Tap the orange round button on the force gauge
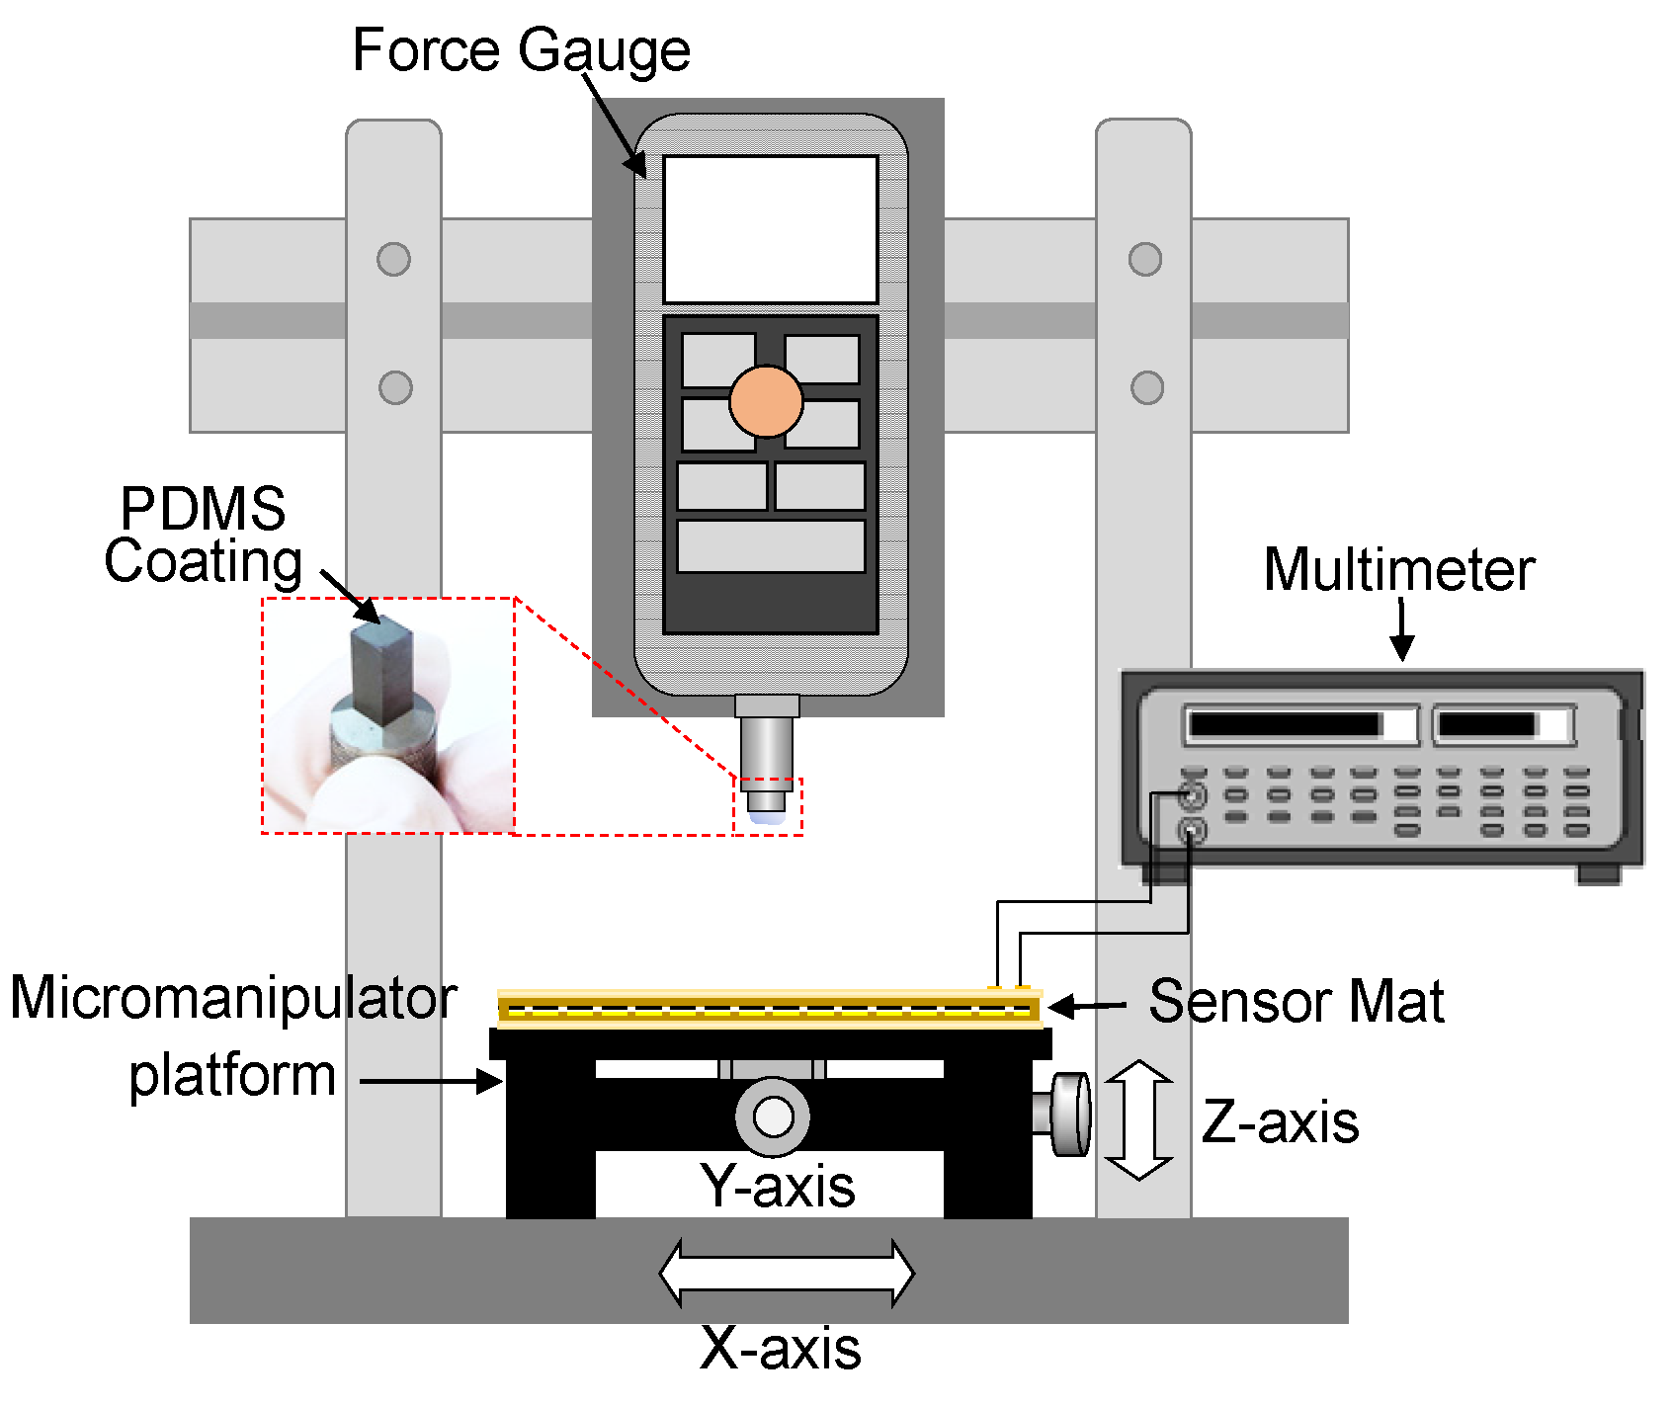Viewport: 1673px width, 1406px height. click(766, 401)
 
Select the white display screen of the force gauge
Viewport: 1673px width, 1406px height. click(770, 228)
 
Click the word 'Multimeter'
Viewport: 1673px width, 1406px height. click(1398, 570)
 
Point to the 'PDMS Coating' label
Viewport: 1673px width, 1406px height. click(204, 536)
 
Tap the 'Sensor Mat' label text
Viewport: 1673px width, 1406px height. click(1296, 1001)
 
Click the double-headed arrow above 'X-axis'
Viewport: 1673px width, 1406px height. click(787, 1273)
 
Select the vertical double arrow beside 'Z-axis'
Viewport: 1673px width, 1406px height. click(1138, 1119)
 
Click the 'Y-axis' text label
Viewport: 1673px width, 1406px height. click(777, 1185)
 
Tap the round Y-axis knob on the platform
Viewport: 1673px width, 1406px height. click(773, 1117)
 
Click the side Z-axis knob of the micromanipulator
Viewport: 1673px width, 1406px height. click(1069, 1114)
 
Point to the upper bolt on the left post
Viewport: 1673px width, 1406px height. click(393, 259)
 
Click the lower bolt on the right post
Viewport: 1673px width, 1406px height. click(1146, 387)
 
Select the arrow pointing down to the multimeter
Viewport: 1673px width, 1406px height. click(1401, 629)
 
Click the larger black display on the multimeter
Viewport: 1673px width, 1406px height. click(1285, 724)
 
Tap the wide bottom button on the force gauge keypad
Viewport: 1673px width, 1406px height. click(771, 546)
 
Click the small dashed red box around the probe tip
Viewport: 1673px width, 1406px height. click(768, 806)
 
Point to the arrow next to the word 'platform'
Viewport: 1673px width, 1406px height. click(432, 1081)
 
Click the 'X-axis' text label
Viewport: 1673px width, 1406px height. click(780, 1348)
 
